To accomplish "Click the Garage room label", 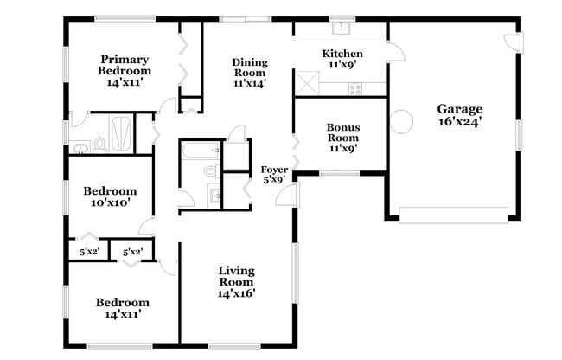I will [459, 109].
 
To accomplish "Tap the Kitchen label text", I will [342, 54].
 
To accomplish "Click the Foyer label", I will [274, 170].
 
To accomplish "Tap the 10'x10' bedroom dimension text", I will [110, 203].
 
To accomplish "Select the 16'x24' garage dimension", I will [459, 122].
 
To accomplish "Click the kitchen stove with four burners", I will [354, 87].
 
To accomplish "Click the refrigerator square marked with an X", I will [305, 84].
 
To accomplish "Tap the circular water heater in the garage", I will [401, 122].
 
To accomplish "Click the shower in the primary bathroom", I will [123, 133].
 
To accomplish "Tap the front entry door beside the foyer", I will [284, 195].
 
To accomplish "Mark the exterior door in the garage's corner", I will [511, 40].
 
